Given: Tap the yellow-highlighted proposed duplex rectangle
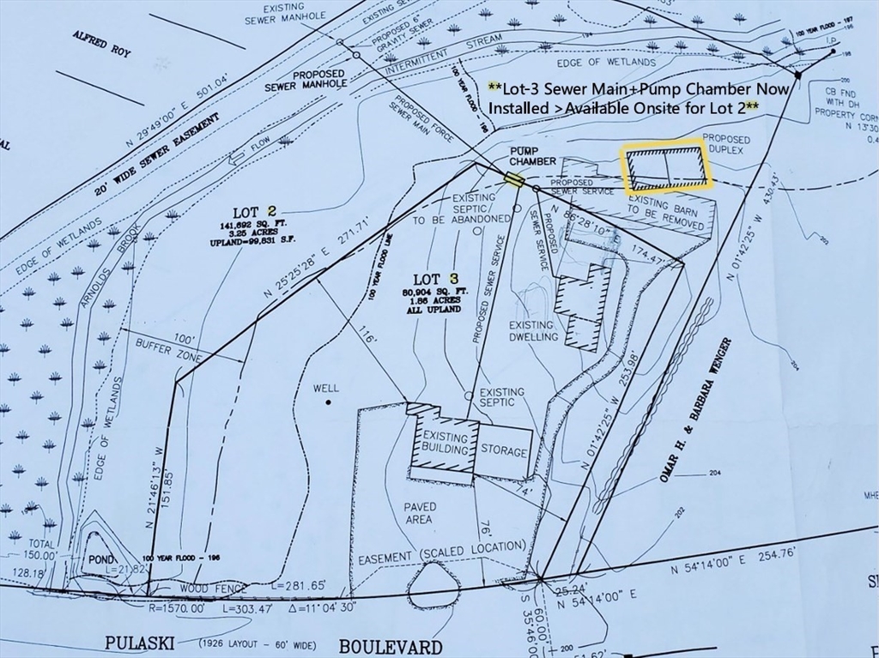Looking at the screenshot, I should click(x=667, y=167).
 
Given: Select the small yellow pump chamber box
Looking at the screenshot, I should click(x=514, y=179).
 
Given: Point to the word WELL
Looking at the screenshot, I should click(x=325, y=389).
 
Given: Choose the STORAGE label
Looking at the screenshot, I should click(x=504, y=450).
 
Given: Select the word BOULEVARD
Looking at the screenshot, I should click(x=391, y=646).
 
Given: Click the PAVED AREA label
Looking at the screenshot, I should click(x=420, y=513).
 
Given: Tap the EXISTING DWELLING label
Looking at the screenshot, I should click(x=532, y=330).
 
